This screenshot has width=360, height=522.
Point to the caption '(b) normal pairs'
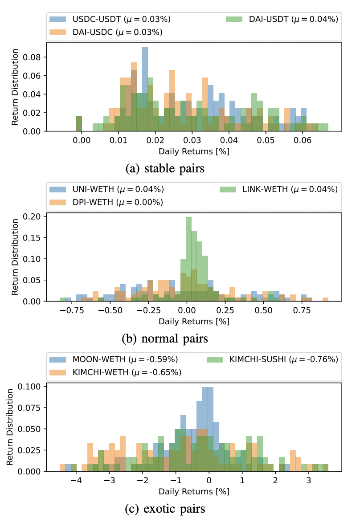[x=165, y=338]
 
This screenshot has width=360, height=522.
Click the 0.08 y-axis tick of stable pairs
[x=34, y=57]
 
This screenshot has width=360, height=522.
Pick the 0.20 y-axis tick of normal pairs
[x=34, y=216]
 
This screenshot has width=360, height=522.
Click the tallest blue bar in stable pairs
[x=145, y=89]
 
